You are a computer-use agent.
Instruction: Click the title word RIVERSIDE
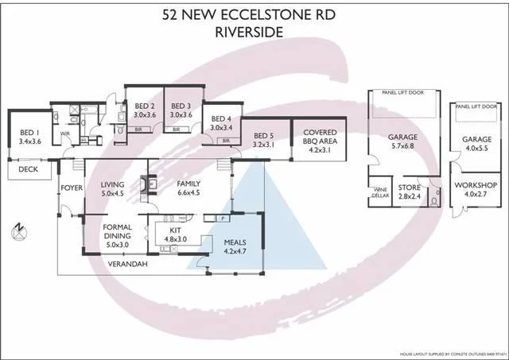254,33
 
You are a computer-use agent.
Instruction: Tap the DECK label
28,169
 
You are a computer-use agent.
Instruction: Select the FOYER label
72,188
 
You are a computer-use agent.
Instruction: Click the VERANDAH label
128,263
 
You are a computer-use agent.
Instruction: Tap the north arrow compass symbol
19,232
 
